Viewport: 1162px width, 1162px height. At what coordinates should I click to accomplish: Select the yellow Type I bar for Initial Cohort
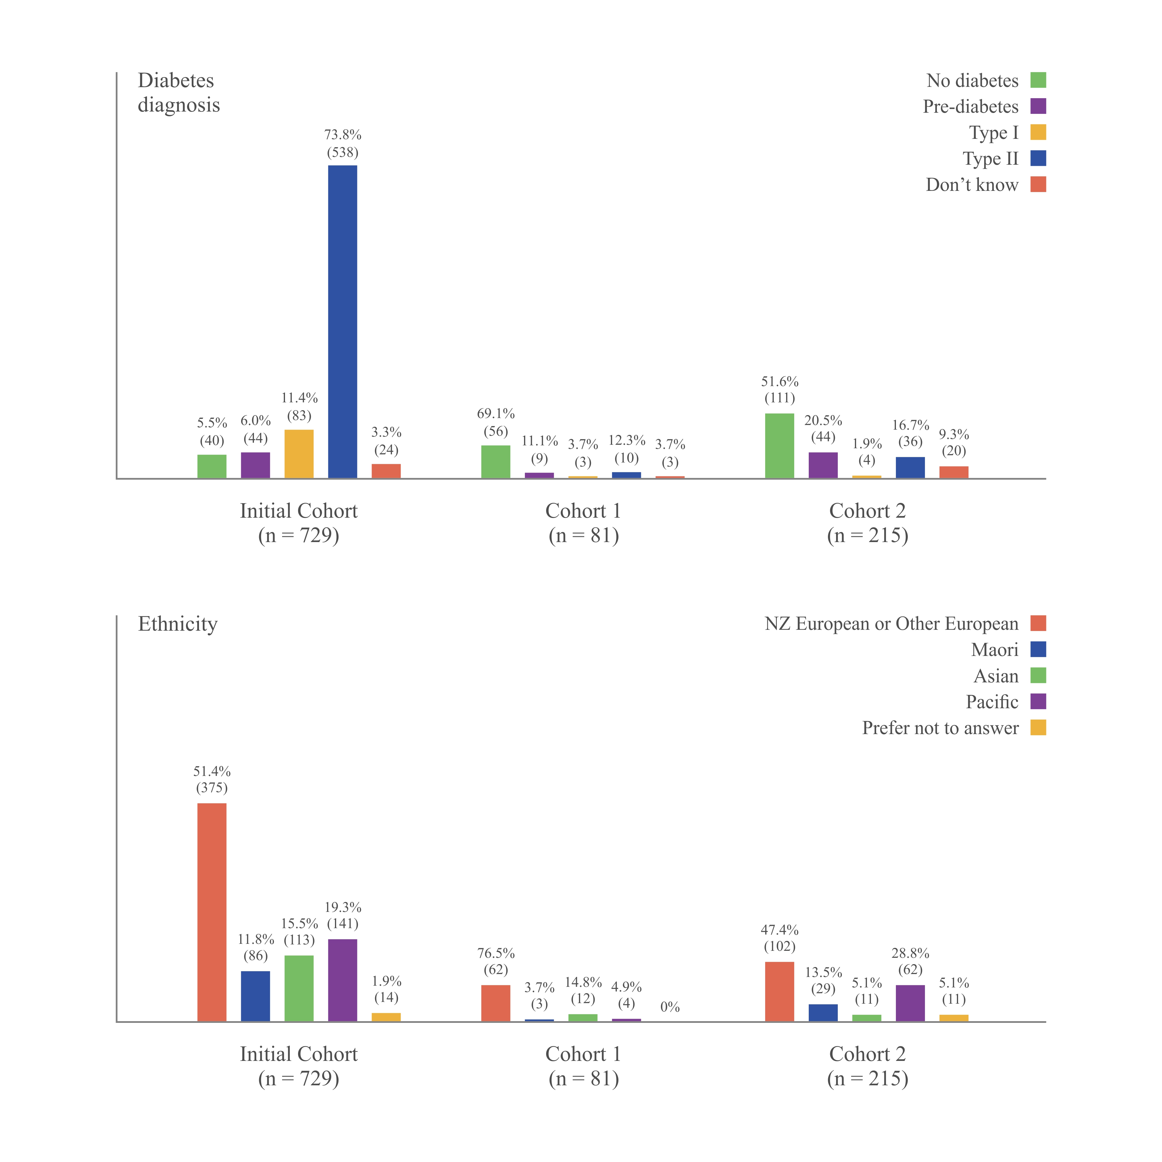click(x=299, y=454)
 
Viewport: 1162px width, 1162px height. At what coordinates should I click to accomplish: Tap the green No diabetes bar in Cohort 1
click(x=496, y=462)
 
